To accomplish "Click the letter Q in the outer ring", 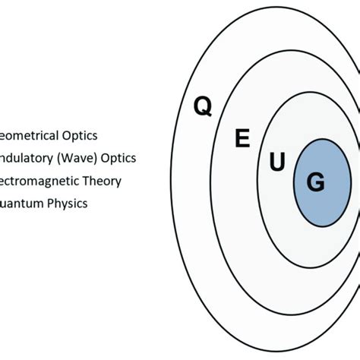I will coord(203,107).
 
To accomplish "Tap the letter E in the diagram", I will coord(242,138).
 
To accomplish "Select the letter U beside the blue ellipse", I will coord(277,162).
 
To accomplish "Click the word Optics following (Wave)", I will coord(119,158).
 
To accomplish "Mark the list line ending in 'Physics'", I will coord(44,204).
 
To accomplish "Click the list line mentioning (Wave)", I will coord(68,158).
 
